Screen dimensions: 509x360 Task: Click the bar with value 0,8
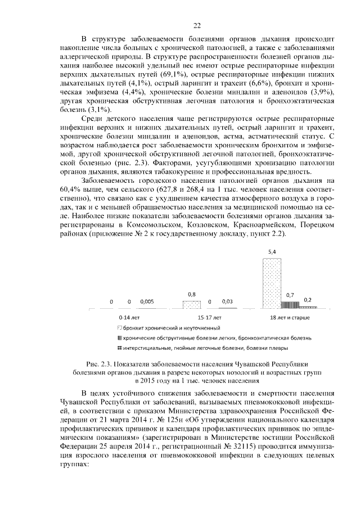(x=191, y=304)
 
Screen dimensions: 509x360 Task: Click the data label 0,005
(x=147, y=302)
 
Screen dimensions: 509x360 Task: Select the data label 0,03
(x=227, y=302)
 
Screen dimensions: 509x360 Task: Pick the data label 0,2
(x=307, y=300)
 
